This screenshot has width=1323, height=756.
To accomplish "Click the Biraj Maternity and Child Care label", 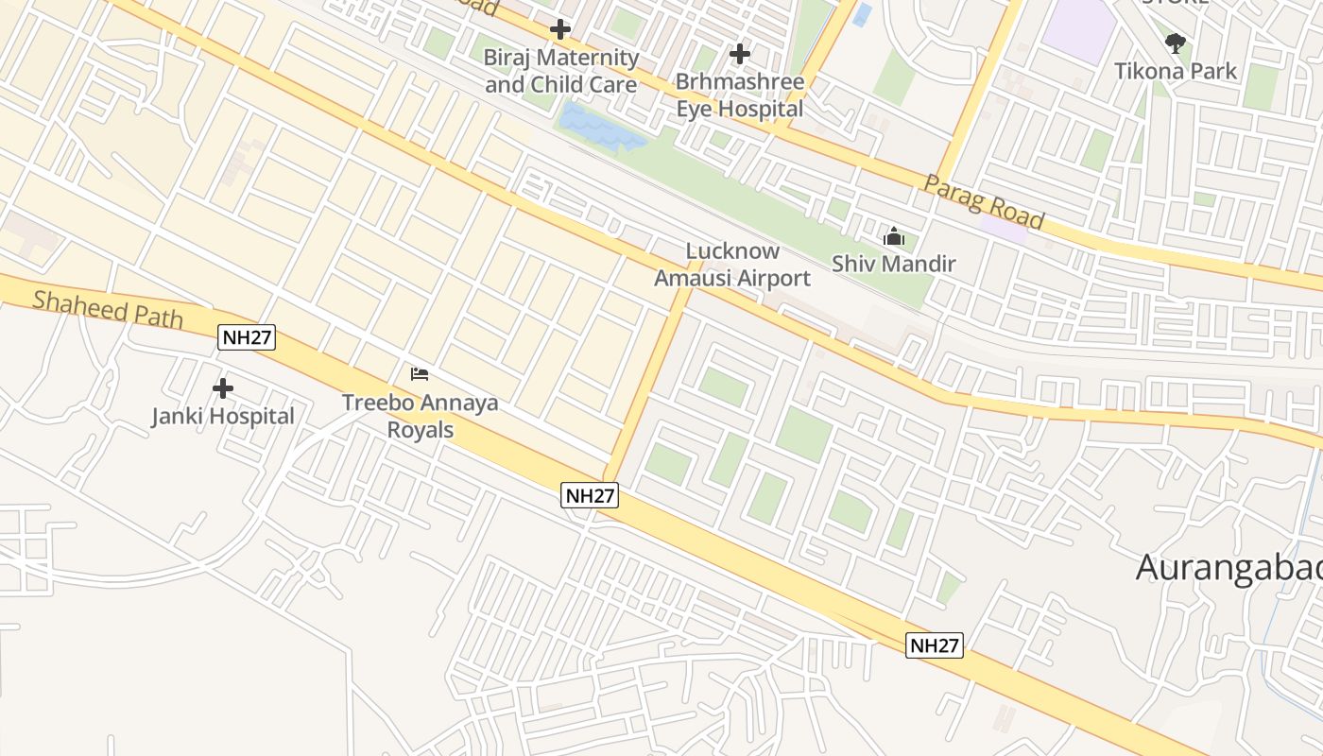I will [561, 71].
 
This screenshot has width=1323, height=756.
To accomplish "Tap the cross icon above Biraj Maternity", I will [560, 29].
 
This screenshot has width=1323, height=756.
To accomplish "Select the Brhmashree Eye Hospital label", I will [740, 95].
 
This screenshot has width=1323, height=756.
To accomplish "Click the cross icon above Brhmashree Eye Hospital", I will [740, 54].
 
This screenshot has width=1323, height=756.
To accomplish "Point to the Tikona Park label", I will [1176, 71].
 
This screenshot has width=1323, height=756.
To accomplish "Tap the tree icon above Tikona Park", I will [1176, 43].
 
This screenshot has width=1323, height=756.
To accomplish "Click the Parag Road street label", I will [984, 202].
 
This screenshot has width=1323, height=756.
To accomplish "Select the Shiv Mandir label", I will [894, 264].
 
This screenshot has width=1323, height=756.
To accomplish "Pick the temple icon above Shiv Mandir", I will [893, 237].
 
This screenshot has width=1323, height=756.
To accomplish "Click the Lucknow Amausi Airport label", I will [732, 265].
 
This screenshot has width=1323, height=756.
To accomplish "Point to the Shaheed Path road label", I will [108, 308].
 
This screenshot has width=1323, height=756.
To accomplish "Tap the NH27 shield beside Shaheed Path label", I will [247, 337].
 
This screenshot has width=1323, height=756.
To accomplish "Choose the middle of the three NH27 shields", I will [590, 494].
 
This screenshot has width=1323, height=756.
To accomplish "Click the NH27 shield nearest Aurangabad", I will [935, 645].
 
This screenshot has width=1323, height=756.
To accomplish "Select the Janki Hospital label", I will [223, 416].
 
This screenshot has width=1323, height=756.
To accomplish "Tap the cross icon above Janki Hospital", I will [223, 388].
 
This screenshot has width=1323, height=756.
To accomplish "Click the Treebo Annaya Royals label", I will [421, 416].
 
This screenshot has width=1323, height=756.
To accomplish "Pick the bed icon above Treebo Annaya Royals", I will [420, 374].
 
